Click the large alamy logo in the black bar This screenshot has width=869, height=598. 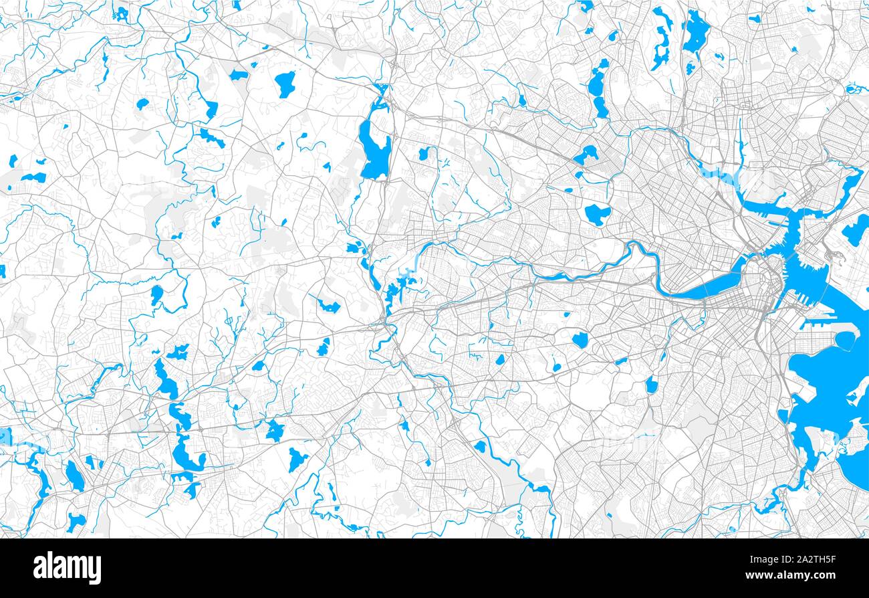coord(68,568)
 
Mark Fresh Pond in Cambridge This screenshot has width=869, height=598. coord(597,214)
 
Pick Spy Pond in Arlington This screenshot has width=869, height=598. coord(586,155)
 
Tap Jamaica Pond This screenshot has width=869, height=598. coord(651,385)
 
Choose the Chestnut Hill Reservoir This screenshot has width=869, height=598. coord(580,340)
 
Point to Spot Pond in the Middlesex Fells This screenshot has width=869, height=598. coord(695,30)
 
